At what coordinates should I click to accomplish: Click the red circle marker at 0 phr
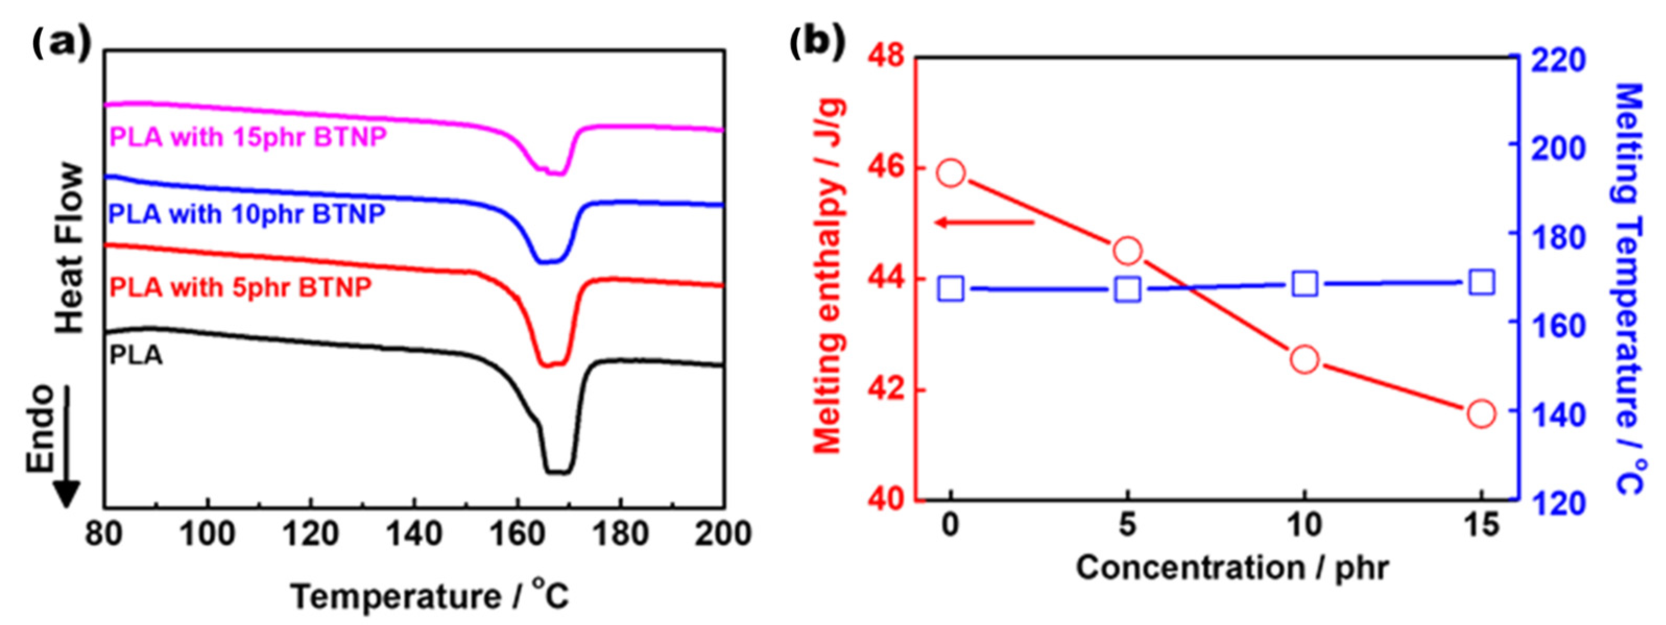tap(951, 173)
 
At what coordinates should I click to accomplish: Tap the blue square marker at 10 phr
tap(1305, 285)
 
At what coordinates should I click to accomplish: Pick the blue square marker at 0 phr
tap(951, 289)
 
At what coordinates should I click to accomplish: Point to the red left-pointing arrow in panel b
tap(986, 223)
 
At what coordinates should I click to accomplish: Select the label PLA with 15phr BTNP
tap(248, 137)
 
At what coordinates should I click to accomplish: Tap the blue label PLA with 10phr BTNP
tap(247, 213)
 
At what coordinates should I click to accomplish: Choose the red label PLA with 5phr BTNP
tap(241, 286)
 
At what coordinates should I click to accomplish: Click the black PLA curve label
tap(136, 356)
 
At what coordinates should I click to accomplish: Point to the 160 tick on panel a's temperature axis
tap(518, 534)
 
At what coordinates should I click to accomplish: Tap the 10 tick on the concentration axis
tap(1304, 525)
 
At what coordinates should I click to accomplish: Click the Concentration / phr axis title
tap(1232, 569)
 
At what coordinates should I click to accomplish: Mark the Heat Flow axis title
tap(70, 249)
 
